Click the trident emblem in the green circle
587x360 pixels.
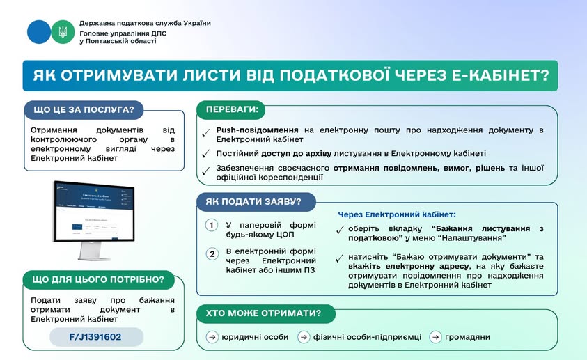63,32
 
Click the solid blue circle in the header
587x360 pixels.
39,32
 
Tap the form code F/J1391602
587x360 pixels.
96,337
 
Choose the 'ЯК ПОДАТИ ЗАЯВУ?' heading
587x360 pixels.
253,202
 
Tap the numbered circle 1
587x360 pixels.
212,226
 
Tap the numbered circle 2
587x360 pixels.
212,253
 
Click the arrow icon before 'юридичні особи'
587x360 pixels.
212,337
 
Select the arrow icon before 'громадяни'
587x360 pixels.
435,337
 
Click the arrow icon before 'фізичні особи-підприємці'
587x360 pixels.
304,337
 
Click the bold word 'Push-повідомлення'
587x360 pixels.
257,130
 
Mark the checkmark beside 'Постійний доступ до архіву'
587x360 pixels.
205,154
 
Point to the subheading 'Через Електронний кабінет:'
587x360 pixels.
397,214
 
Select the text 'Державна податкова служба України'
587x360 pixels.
145,23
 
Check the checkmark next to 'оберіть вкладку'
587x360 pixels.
340,230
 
